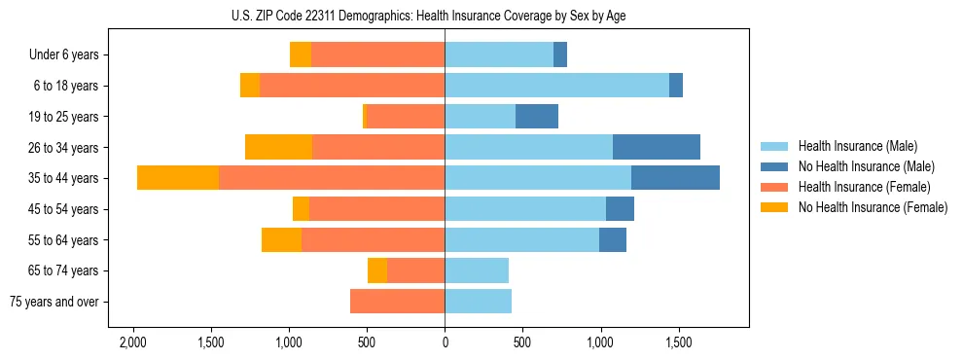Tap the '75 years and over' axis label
tap(54, 302)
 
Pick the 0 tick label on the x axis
tap(445, 343)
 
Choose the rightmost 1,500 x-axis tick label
tap(678, 343)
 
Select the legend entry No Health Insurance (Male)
tap(866, 166)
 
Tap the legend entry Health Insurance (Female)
tap(864, 187)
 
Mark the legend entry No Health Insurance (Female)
tap(872, 207)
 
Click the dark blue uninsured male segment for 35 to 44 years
tap(675, 178)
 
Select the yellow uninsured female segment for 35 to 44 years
tap(178, 178)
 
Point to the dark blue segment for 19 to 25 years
tap(536, 117)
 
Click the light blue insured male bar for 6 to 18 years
tap(556, 86)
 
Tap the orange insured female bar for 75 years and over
tap(397, 302)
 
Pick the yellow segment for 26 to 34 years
tap(278, 147)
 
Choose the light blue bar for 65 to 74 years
tap(477, 270)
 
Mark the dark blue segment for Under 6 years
tap(560, 55)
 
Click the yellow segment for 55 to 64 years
tap(281, 239)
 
